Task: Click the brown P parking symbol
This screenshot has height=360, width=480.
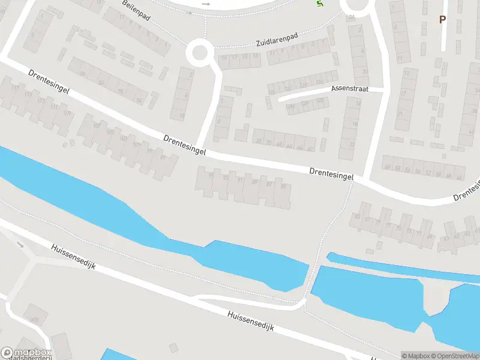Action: (x=442, y=19)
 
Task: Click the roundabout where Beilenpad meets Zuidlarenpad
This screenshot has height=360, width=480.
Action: (x=199, y=53)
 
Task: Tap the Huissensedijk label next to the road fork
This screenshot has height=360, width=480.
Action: (x=73, y=256)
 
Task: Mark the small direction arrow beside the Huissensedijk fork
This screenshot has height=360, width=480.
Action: (x=20, y=244)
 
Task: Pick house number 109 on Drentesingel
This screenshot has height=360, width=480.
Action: (x=67, y=113)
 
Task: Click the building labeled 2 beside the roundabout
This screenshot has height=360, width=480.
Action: (x=191, y=75)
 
